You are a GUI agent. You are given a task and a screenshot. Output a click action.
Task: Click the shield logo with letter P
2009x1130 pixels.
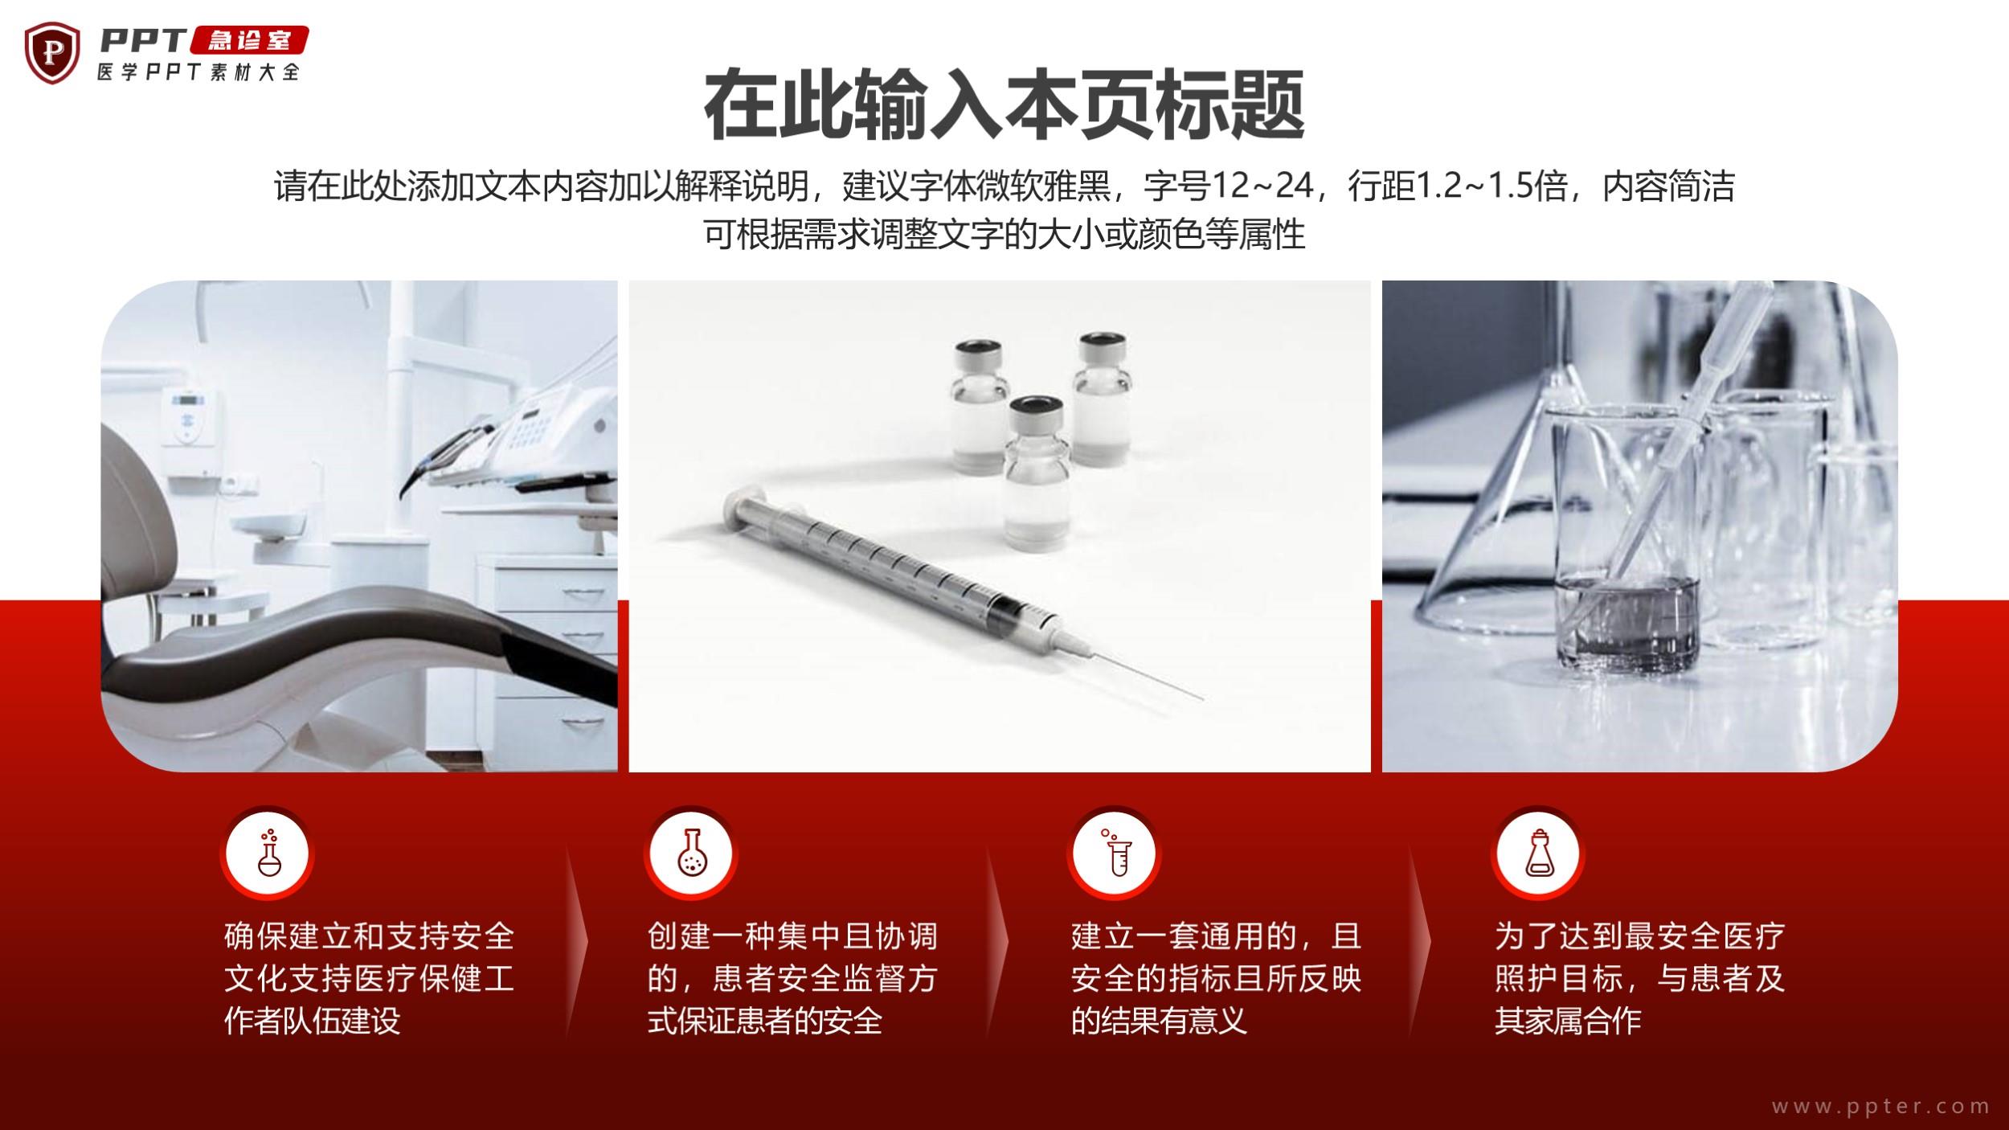[x=52, y=52]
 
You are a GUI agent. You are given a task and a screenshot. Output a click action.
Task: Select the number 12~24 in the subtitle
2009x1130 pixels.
[x=1262, y=186]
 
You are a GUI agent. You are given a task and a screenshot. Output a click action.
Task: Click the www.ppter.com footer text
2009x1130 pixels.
[x=1881, y=1106]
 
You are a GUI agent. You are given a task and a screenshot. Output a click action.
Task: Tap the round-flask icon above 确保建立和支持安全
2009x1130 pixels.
[x=268, y=853]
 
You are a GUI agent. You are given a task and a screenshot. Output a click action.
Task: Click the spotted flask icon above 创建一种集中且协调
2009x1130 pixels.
[x=690, y=853]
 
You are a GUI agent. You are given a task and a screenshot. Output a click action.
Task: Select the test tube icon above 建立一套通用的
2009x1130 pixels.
[x=1115, y=853]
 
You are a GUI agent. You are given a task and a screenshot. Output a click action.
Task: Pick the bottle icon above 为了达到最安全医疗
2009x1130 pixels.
[x=1539, y=853]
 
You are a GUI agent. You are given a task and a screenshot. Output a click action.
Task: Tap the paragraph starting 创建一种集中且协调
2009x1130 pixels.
[x=793, y=978]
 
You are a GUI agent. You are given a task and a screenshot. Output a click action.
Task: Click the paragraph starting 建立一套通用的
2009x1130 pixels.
[x=1217, y=978]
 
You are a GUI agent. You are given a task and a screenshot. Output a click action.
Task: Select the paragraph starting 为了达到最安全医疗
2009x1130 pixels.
[x=1640, y=978]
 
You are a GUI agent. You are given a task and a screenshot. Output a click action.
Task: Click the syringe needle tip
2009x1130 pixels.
[x=1202, y=698]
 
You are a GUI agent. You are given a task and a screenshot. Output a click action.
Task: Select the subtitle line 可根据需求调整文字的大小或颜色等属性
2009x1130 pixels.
[x=1004, y=235]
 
